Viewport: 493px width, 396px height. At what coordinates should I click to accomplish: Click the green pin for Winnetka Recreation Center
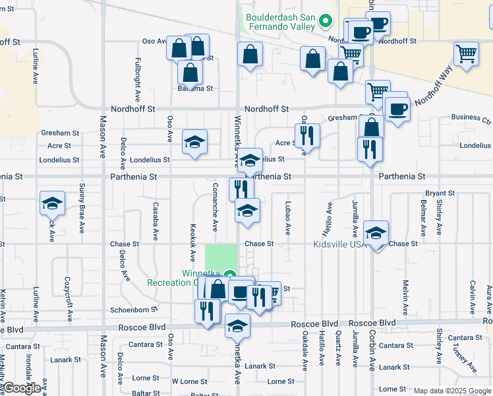pos(229,275)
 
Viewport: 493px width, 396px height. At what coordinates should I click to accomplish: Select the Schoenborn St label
pos(134,309)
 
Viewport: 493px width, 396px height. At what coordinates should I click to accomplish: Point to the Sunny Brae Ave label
pos(82,209)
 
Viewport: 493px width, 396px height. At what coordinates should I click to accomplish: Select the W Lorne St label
pos(190,381)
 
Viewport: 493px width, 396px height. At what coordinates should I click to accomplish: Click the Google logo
pos(22,388)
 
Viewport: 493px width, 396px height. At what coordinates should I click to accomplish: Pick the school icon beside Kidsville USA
pos(376,233)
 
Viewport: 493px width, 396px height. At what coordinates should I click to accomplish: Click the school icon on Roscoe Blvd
pos(238,325)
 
